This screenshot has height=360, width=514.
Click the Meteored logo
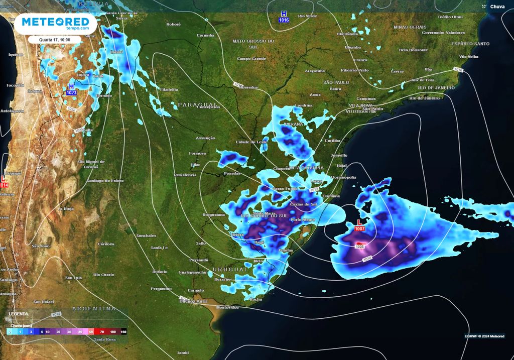55,24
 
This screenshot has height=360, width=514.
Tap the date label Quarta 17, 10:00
55,39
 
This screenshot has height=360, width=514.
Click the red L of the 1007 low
359,222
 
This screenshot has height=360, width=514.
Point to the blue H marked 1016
284,14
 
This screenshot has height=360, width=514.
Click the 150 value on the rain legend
123,332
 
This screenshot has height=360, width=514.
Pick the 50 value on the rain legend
91,332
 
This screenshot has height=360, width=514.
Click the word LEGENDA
19,314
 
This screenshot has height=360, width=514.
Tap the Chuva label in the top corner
497,7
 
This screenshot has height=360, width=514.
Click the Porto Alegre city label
303,219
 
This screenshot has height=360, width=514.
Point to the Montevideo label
226,307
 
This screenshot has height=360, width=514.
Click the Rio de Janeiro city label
425,98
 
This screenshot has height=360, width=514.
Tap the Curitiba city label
332,141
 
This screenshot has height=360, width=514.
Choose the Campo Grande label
251,59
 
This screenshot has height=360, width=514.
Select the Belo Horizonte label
414,50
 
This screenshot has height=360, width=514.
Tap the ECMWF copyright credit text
484,336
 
